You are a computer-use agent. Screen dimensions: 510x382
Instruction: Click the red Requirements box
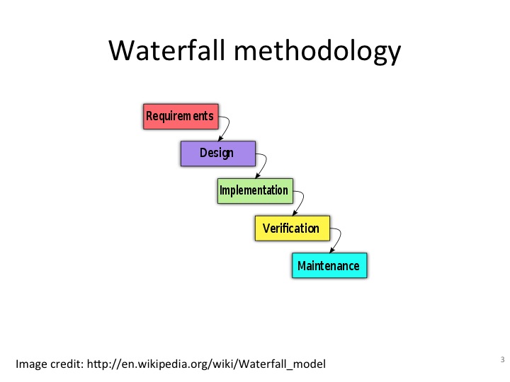point(181,117)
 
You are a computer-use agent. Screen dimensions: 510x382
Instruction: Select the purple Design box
point(218,154)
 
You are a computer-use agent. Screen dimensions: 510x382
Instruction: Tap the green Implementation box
point(255,191)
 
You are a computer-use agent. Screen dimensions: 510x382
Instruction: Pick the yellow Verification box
point(293,228)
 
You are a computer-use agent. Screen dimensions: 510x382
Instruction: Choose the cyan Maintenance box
point(329,265)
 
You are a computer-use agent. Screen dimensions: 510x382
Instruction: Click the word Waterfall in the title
point(167,50)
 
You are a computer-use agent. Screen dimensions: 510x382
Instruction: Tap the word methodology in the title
point(317,52)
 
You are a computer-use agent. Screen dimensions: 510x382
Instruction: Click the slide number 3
point(502,359)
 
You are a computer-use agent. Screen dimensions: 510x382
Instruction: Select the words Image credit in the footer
point(50,364)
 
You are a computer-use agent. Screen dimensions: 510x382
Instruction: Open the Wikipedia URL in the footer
point(206,364)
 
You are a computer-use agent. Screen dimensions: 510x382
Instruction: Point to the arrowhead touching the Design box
point(220,139)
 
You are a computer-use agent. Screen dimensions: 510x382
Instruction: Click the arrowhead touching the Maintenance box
point(332,250)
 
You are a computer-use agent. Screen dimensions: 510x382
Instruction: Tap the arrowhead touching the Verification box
point(295,213)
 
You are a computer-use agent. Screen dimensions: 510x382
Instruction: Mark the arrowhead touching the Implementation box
point(258,175)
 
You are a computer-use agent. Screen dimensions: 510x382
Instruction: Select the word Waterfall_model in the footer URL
point(283,364)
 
